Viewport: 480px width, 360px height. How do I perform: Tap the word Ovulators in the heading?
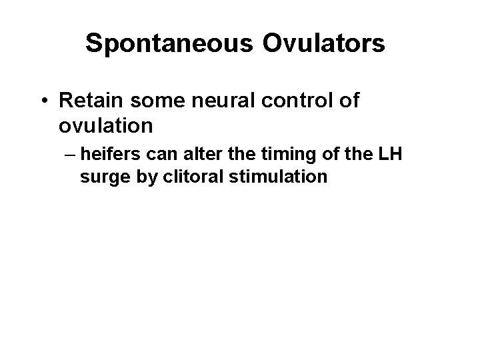coord(325,44)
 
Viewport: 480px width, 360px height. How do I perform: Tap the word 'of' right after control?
coord(349,101)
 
